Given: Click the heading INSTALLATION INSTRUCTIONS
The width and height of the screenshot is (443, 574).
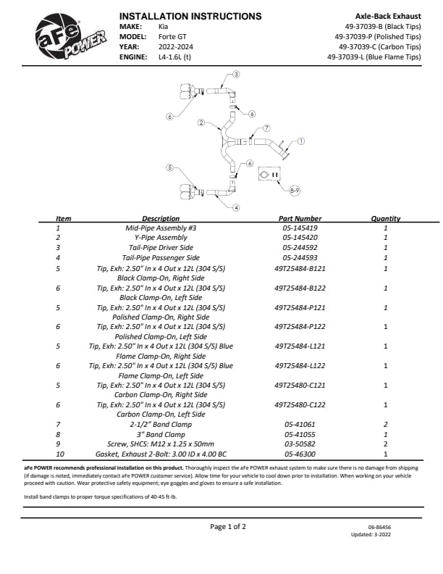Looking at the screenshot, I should click(190, 16).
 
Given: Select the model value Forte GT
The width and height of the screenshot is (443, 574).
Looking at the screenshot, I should click(174, 36).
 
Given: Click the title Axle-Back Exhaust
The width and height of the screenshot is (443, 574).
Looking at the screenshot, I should click(388, 15).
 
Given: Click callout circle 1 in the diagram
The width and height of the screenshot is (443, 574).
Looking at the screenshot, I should click(301, 142).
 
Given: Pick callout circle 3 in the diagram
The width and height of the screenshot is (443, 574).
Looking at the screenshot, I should click(236, 75).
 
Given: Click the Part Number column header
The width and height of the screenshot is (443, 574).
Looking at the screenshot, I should click(300, 218).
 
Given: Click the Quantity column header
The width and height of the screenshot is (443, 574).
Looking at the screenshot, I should click(385, 218).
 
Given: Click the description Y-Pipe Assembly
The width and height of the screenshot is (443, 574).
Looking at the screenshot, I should click(161, 238).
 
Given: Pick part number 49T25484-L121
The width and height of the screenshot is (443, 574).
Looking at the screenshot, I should click(300, 346).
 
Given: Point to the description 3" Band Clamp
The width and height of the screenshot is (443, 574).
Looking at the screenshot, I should click(161, 434).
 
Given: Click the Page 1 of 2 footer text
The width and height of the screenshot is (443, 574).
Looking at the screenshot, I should click(228, 527).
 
